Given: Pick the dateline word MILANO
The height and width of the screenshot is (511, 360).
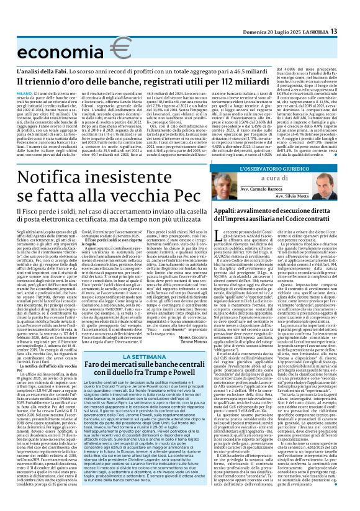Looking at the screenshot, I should click(24, 93).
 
